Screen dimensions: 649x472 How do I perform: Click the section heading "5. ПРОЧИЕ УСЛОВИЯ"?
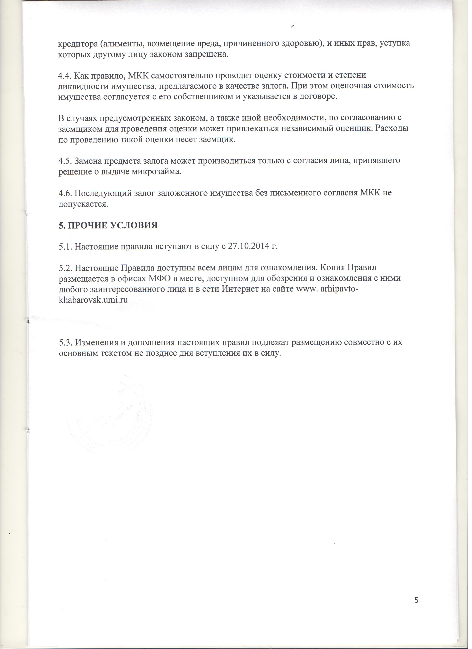[x=108, y=226]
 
